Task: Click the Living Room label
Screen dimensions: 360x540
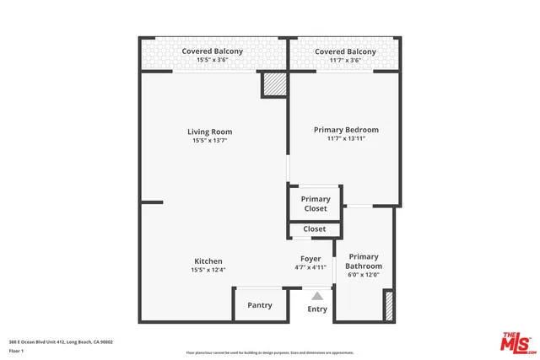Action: (x=209, y=132)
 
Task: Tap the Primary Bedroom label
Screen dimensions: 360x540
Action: (x=346, y=130)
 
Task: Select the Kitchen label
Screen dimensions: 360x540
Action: (x=208, y=261)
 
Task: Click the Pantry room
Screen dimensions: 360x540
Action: (x=259, y=305)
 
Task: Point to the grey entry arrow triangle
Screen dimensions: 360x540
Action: (x=317, y=296)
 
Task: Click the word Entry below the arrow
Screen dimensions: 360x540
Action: (x=317, y=309)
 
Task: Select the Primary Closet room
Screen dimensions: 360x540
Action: (x=316, y=204)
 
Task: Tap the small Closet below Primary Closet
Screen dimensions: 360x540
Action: (x=315, y=228)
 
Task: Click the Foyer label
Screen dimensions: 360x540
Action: (x=310, y=259)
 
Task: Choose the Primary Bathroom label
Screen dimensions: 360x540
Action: (x=364, y=261)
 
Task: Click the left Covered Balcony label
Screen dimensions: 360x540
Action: (x=213, y=51)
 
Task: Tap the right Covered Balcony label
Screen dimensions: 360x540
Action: (x=344, y=51)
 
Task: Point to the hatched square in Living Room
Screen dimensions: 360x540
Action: (x=273, y=84)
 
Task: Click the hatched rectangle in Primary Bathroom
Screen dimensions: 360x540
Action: (x=389, y=304)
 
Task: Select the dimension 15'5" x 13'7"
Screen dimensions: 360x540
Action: (x=209, y=141)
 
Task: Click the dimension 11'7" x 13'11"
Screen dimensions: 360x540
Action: (x=346, y=139)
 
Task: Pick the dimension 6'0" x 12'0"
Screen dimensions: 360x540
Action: (x=364, y=274)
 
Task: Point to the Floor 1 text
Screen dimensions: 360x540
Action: (x=16, y=350)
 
